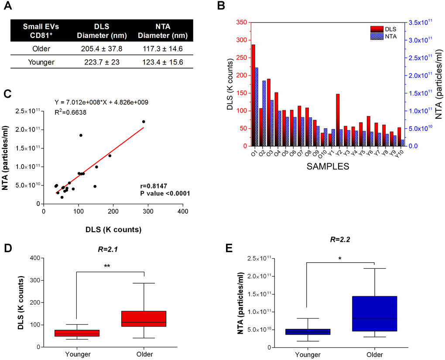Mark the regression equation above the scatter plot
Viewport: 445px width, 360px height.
pos(101,103)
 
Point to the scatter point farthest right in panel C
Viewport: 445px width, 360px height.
pos(144,121)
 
